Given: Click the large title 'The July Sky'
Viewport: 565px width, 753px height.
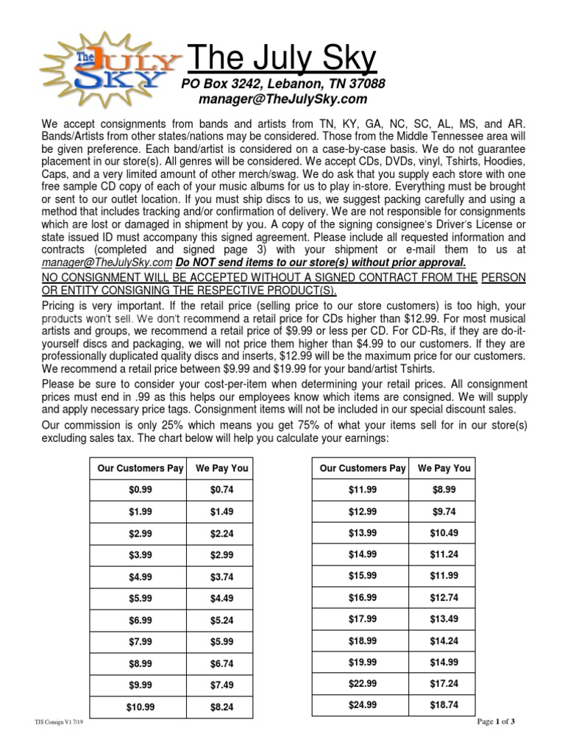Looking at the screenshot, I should tap(283, 58).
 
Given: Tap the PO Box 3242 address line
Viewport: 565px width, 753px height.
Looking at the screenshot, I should tap(283, 85).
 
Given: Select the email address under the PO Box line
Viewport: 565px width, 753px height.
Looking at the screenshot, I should tap(283, 99).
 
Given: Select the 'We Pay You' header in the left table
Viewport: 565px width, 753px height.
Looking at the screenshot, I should tap(221, 468).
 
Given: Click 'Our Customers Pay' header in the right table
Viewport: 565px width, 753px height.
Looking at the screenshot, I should tap(363, 468).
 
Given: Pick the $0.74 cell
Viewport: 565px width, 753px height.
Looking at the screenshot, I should tap(221, 490).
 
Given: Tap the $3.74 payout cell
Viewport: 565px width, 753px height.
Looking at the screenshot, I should tap(221, 578).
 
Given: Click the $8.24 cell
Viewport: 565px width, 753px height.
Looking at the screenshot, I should tap(221, 710).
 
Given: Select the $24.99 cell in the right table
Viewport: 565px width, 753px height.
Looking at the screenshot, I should tap(363, 704).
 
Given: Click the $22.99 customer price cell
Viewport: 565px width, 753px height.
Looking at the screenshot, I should tap(363, 682).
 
